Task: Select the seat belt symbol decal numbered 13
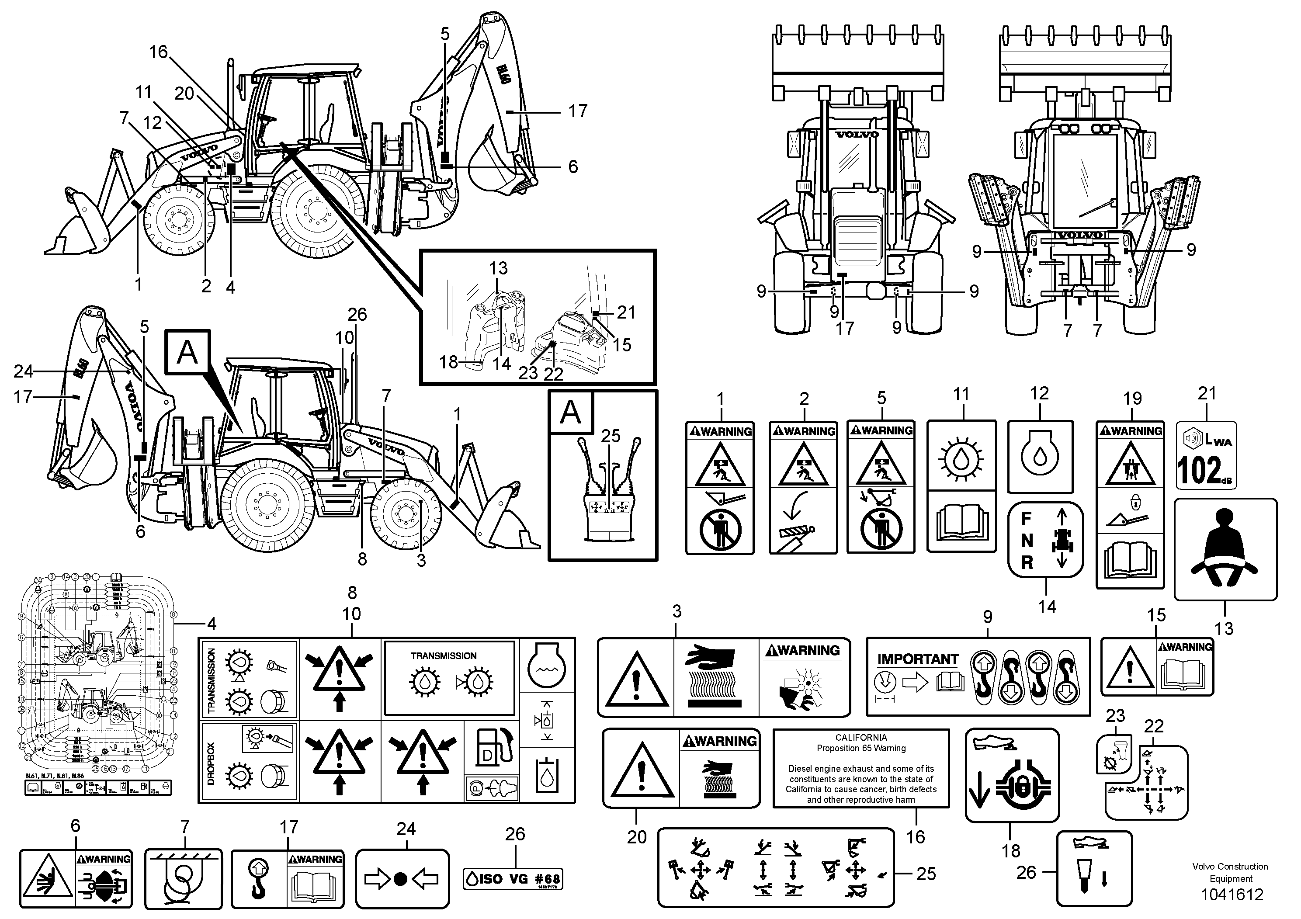(1225, 548)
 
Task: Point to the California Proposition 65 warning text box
(861, 768)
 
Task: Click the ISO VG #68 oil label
(513, 879)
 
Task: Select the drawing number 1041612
(1230, 895)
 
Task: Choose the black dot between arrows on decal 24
(401, 879)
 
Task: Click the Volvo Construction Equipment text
(1230, 873)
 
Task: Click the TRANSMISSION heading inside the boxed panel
(443, 655)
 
